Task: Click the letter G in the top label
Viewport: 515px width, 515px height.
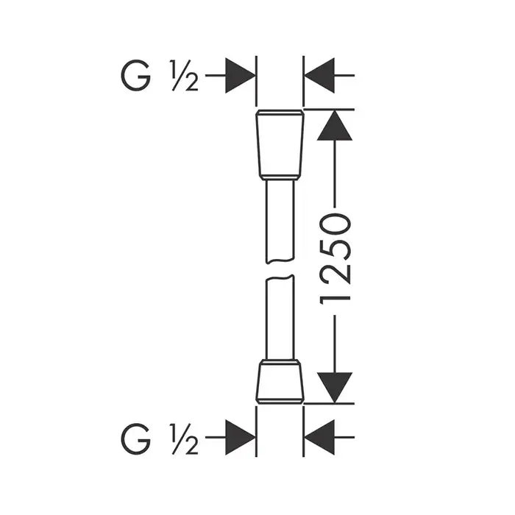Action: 135,75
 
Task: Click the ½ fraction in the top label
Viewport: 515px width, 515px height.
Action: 184,76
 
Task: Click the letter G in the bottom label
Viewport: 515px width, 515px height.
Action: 135,438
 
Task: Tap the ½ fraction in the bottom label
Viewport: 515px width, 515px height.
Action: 184,438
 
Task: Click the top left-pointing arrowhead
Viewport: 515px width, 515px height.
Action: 319,76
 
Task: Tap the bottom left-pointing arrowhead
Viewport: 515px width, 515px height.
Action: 319,437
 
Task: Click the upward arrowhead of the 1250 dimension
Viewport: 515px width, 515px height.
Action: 334,125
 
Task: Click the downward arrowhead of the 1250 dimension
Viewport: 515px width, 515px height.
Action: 334,388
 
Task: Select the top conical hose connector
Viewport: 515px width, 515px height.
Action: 280,145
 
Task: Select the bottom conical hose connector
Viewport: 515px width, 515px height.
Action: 280,381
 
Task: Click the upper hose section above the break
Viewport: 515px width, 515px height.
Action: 280,221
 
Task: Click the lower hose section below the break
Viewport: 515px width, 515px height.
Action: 280,318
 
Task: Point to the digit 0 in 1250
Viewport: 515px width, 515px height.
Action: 335,225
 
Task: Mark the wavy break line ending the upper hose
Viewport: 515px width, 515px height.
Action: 280,261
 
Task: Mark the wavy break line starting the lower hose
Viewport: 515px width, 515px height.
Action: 280,278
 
